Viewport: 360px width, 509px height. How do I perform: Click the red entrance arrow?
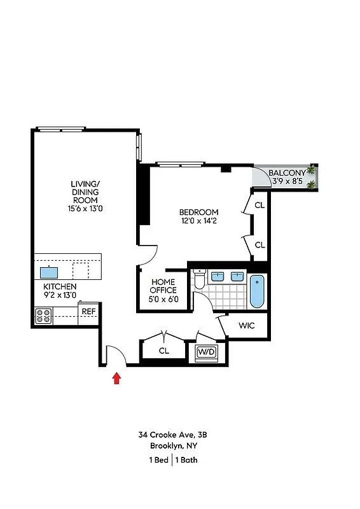point(116,379)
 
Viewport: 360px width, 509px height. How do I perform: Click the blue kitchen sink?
point(49,272)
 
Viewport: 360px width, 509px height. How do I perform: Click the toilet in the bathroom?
point(200,279)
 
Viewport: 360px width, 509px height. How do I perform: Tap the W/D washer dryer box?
point(205,351)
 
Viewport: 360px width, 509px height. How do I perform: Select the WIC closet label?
point(247,326)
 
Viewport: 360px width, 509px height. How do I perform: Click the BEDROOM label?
point(198,212)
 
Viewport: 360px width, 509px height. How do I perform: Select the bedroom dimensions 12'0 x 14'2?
point(198,221)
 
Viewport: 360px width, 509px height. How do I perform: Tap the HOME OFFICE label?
point(163,286)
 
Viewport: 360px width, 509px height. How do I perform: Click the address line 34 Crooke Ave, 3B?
point(173,435)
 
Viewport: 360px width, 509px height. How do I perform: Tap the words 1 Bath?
point(187,459)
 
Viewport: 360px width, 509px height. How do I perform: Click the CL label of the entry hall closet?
point(163,350)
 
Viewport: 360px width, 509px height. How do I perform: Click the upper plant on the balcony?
point(311,171)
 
